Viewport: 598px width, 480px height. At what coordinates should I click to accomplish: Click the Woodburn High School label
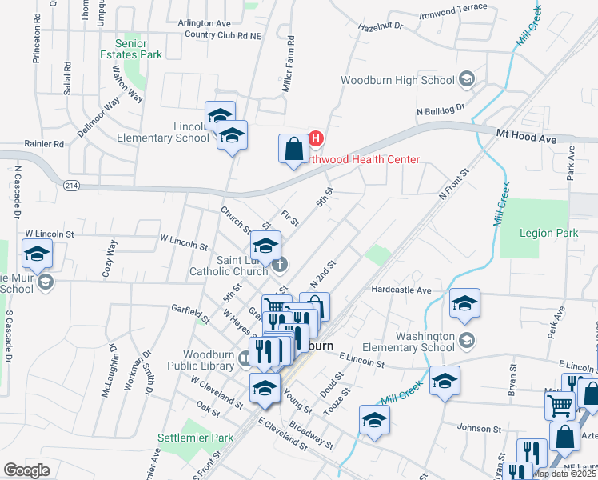tap(397, 80)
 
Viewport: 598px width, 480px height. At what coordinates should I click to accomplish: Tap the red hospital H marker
tap(315, 138)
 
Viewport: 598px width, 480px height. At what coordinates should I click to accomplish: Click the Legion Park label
tap(548, 233)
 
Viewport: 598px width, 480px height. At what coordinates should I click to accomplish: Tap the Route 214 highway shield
tap(71, 185)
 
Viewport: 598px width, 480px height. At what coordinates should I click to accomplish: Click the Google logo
tap(26, 470)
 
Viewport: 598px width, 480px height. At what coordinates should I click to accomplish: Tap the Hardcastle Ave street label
tap(401, 290)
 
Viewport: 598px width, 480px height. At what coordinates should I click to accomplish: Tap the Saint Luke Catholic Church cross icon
tap(278, 264)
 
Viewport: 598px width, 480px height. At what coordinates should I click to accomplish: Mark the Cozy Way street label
tap(110, 258)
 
